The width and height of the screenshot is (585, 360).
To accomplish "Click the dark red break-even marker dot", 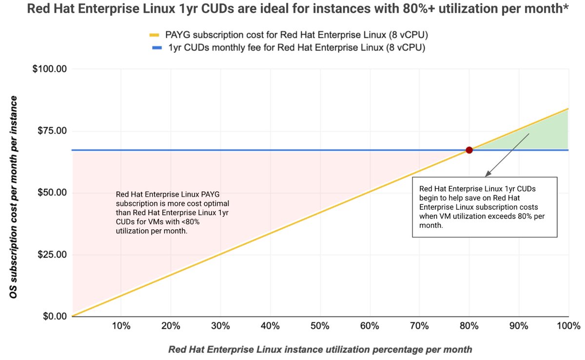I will [x=469, y=150].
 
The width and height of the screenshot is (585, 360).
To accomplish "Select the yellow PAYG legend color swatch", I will [x=155, y=35].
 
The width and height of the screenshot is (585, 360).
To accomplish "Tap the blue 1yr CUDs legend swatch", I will [x=155, y=48].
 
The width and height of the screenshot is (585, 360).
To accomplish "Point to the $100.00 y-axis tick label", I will [x=49, y=69].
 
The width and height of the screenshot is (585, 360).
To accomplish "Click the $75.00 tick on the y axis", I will [x=51, y=131].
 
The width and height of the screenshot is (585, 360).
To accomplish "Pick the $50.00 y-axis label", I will [x=51, y=193].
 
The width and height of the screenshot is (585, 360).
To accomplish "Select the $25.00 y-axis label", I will [x=51, y=255].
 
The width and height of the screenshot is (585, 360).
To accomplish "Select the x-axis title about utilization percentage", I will [x=320, y=349].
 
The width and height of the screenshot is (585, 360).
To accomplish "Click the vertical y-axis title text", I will [x=14, y=197].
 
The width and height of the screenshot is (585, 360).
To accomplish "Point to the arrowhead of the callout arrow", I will [x=487, y=175].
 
